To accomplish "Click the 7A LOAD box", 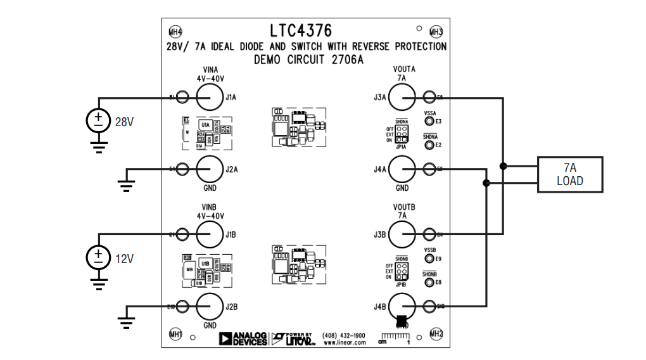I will point(569,174).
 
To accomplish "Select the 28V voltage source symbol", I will point(98,120).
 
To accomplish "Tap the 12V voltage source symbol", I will point(98,257).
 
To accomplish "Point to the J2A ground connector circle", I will point(208,169).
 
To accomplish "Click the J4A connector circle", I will point(402,169).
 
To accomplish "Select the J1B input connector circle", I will point(208,235).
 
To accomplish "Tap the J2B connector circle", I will point(208,307).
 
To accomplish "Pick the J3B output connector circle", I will point(402,235).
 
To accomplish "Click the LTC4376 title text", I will point(300,30).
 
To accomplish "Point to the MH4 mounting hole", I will point(175,32).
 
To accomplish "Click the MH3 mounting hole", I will point(436,32).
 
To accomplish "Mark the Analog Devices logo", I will point(243,338).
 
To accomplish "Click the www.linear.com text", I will point(345,343).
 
